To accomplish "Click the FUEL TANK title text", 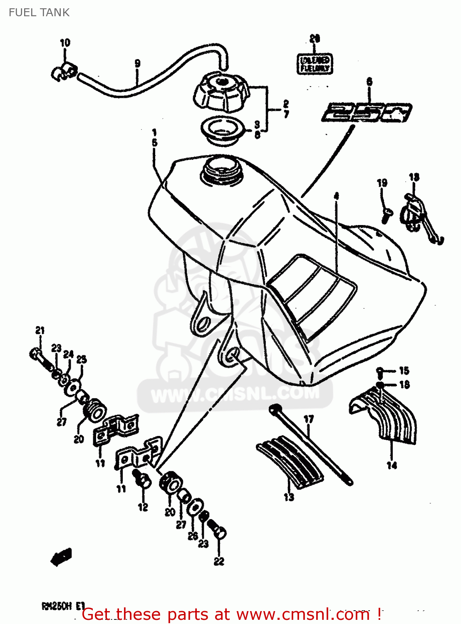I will pos(39,12).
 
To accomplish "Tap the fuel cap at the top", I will pos(221,93).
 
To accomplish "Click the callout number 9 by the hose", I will pos(137,63).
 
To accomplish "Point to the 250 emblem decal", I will pos(366,112).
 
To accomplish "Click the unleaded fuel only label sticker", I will pos(315,64).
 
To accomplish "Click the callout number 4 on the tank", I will pos(336,196).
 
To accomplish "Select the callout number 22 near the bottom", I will pos(219,561).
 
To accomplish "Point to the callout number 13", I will pos(289,497).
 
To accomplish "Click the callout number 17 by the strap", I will pos(308,419).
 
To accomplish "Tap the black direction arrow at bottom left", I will pos(62,557).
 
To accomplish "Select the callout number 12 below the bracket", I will pos(143,507).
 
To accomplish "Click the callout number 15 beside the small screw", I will pos(404,370).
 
